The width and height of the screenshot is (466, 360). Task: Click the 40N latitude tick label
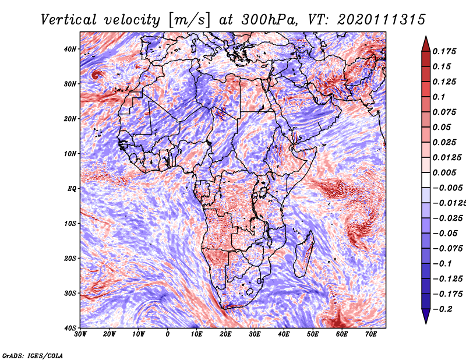70,49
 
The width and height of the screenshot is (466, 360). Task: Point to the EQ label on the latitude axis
72,189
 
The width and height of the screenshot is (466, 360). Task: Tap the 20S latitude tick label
70,258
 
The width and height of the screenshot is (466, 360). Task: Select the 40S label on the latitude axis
70,328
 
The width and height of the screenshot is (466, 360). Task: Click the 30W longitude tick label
80,334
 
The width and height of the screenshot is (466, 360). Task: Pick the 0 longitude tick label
168,334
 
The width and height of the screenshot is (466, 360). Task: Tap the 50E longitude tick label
313,334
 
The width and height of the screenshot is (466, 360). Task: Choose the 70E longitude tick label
371,334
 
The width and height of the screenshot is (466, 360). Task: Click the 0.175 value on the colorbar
444,51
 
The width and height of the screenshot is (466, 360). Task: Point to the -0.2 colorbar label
443,309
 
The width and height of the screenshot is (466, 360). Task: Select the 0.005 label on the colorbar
444,172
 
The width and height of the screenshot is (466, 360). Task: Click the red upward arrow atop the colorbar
426,44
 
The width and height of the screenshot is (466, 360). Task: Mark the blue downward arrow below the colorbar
426,316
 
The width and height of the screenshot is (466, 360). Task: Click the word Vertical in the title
68,20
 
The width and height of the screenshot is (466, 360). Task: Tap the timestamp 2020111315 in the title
382,20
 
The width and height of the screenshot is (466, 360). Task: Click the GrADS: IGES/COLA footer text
33,355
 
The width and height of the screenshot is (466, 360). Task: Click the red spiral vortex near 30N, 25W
96,75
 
